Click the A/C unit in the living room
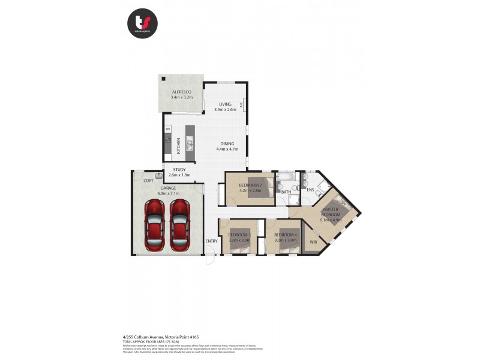(242, 105)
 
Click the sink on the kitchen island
(190, 145)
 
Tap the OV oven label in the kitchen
(168, 129)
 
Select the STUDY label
(179, 170)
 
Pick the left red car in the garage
(155, 225)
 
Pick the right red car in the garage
(179, 225)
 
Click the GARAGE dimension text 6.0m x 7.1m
(169, 194)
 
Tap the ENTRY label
(211, 242)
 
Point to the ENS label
(310, 190)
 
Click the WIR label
(313, 242)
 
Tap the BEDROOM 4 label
(285, 235)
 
